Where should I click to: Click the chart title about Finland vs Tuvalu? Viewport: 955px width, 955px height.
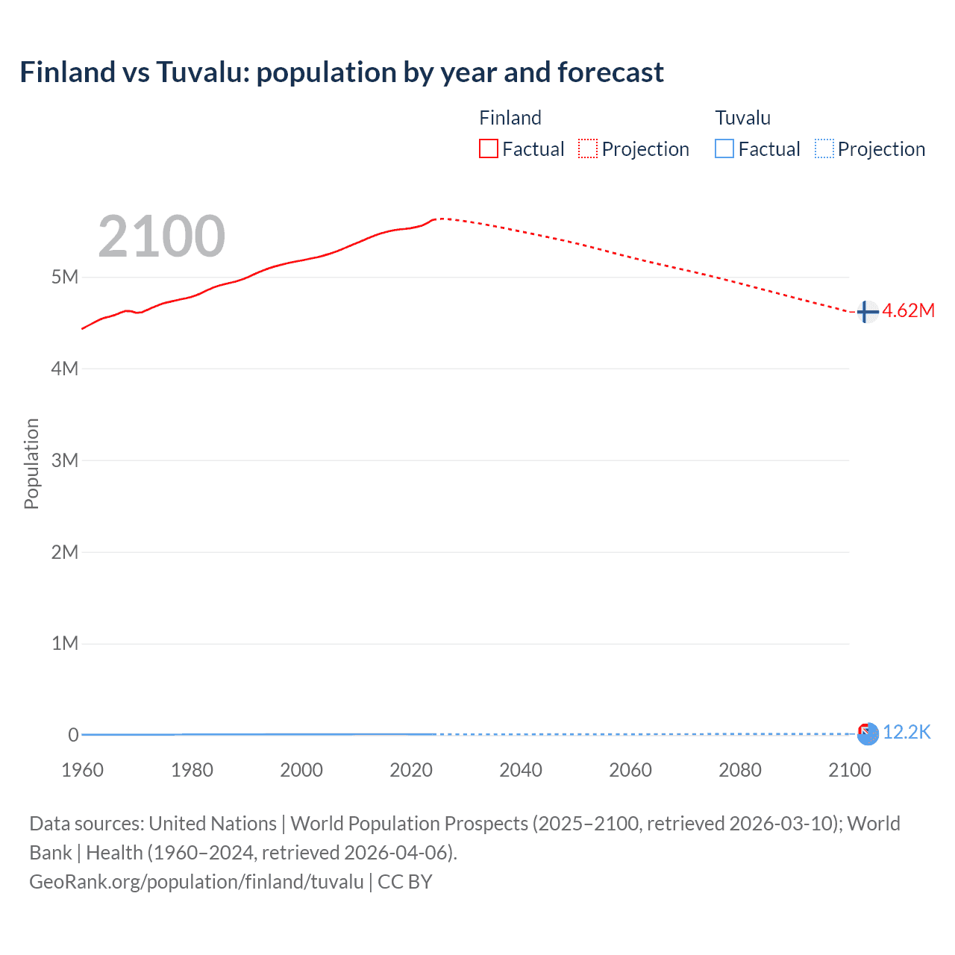coord(341,72)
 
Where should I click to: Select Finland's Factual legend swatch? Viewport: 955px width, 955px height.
coord(488,148)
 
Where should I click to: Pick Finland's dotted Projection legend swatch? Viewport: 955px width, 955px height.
coord(588,148)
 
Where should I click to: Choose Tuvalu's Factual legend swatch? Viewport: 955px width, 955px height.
coord(724,148)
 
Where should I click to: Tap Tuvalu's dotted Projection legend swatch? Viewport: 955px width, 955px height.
coord(824,148)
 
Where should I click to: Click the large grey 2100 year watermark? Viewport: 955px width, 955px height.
coord(161,237)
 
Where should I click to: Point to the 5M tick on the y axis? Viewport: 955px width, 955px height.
coord(65,277)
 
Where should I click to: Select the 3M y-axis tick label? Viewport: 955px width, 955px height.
coord(65,460)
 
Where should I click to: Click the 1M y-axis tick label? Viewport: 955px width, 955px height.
coord(65,643)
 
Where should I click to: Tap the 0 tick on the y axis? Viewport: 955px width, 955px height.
coord(73,735)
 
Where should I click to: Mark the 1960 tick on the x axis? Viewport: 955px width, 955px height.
coord(82,770)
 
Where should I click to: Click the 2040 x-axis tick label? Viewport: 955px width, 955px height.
coord(521,770)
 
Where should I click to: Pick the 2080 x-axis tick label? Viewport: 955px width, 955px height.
coord(740,770)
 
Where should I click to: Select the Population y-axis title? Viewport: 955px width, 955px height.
coord(31,463)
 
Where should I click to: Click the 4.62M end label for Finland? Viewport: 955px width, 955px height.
coord(908,311)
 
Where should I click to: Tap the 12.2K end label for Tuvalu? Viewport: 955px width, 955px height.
coord(907,733)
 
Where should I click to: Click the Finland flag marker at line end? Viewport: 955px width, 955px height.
coord(866,312)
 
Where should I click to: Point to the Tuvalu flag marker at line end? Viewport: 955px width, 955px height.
coord(868,734)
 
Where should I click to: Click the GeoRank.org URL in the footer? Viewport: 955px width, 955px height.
coord(196,882)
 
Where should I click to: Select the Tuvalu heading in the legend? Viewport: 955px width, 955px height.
coord(742,118)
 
